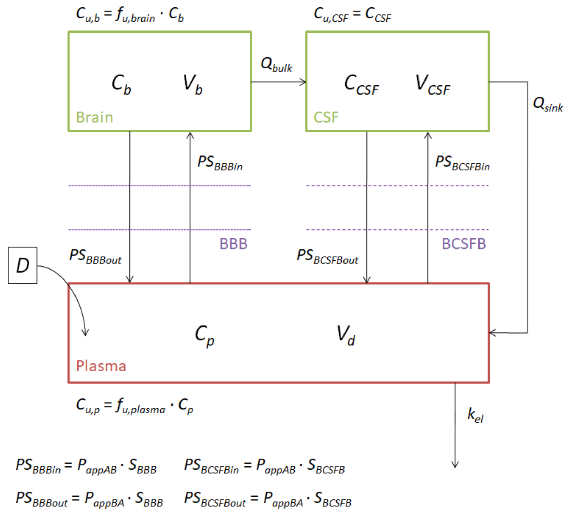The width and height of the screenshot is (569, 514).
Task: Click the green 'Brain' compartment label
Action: point(95,117)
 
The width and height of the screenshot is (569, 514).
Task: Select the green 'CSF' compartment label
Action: point(326,117)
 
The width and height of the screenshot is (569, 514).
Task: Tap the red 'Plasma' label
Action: point(101,366)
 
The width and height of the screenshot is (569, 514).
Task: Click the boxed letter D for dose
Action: point(23,265)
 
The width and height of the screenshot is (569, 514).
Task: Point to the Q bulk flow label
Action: point(276,65)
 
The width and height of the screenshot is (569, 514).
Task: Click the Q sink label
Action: point(548,104)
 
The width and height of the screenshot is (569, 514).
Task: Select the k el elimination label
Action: point(475,415)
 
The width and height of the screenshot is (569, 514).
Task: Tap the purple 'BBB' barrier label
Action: point(233,244)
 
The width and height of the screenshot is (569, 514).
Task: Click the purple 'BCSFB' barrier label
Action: point(464,244)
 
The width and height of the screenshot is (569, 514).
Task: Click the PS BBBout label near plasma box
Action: point(95,256)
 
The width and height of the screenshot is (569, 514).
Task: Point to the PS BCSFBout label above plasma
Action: point(327,256)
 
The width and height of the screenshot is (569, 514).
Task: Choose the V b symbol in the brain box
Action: point(192,84)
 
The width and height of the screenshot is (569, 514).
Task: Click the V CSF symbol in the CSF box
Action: point(433,85)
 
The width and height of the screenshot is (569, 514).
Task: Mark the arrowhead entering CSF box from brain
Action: point(304,82)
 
